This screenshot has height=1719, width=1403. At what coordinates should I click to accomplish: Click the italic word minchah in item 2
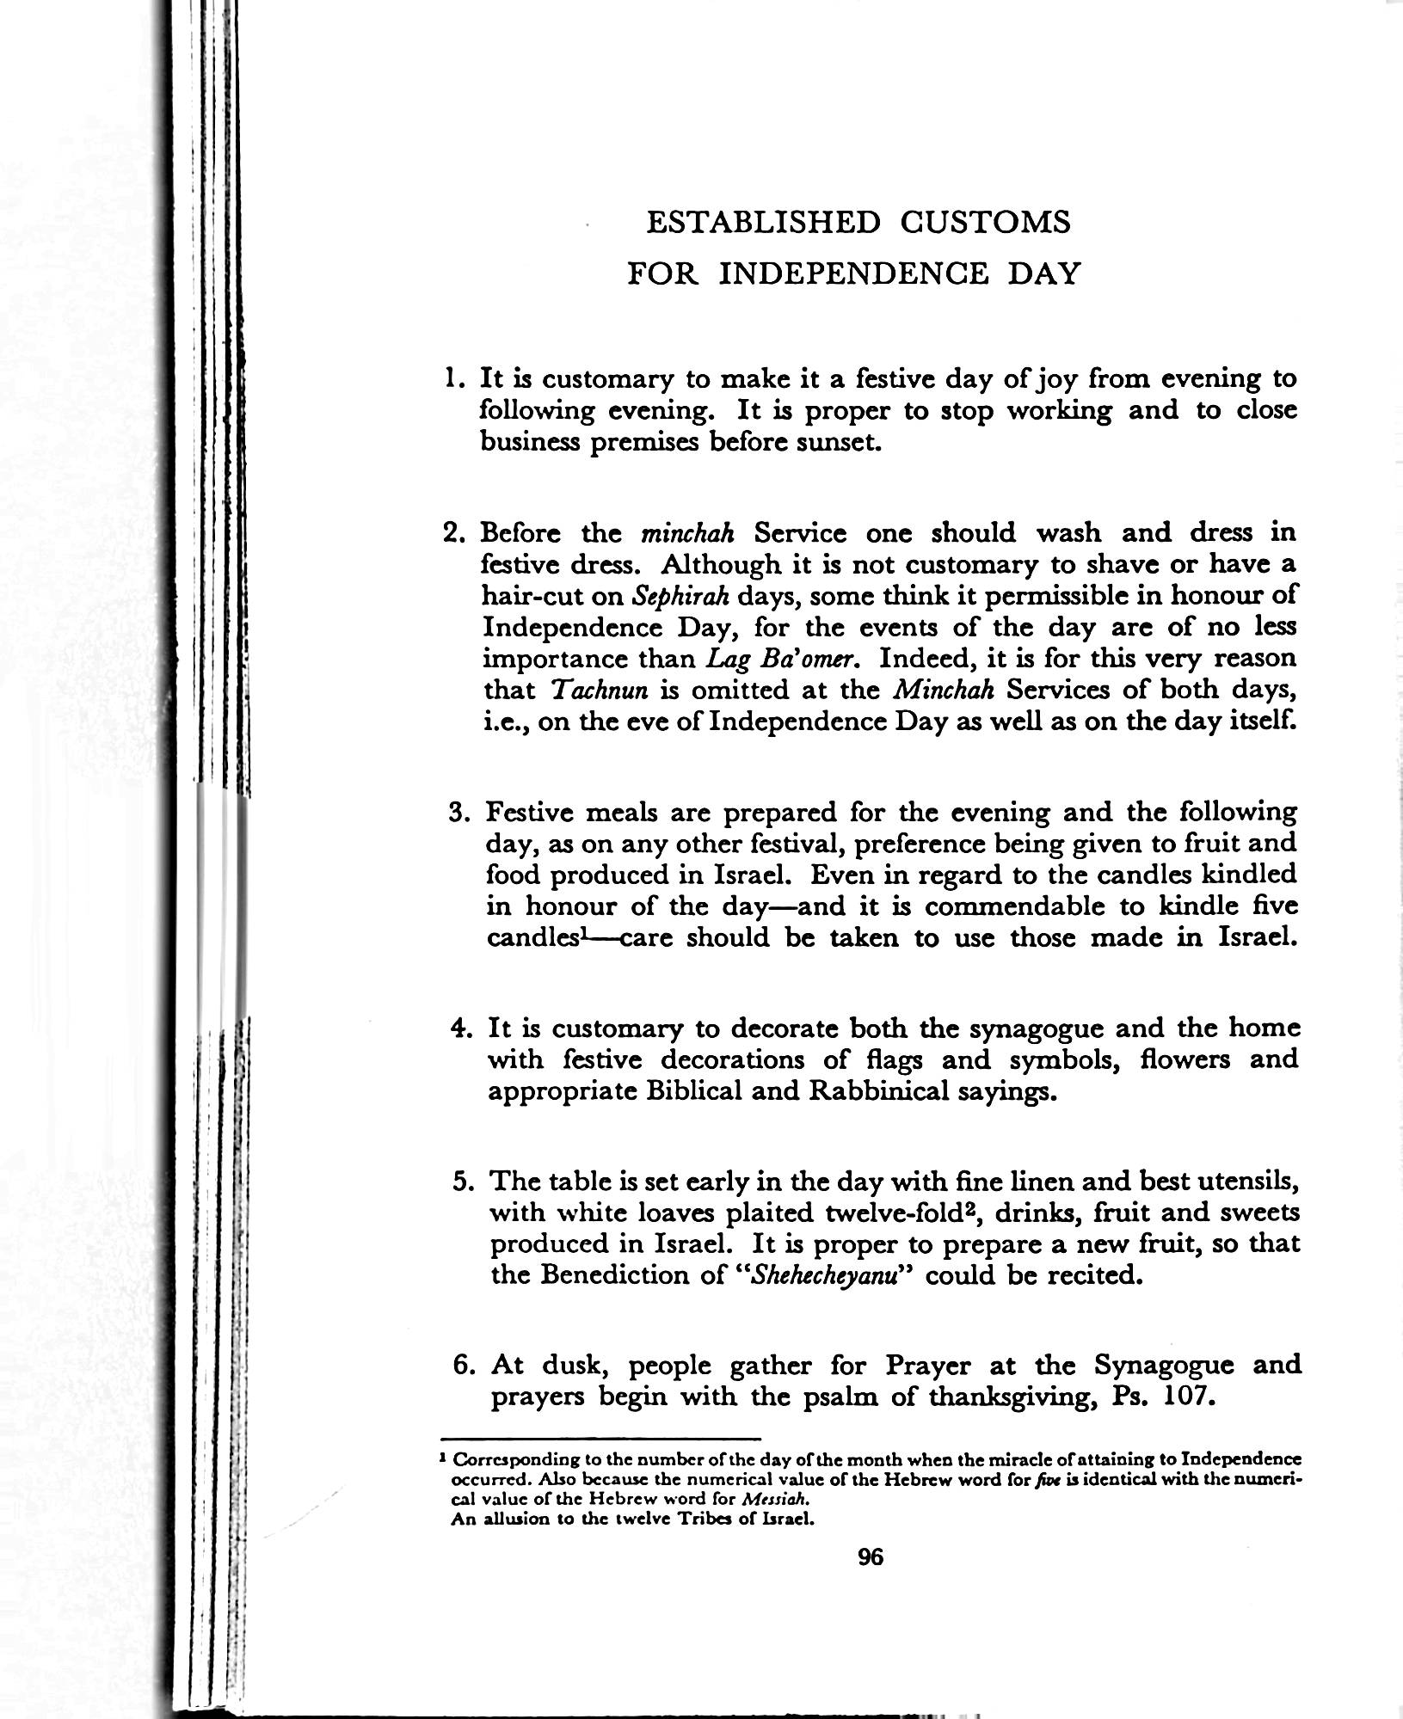pyautogui.click(x=687, y=533)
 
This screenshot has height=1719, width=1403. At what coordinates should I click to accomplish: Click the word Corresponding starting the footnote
pyautogui.click(x=506, y=1460)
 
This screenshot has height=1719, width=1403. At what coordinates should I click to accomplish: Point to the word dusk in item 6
pyautogui.click(x=575, y=1365)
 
